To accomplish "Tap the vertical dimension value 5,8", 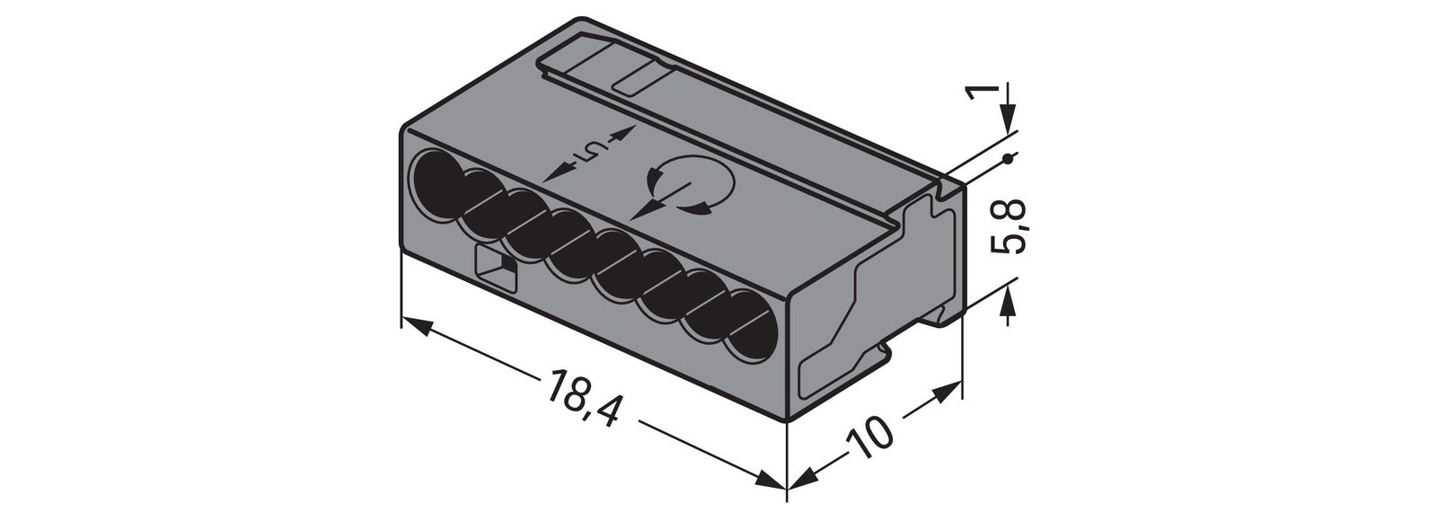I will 1010,227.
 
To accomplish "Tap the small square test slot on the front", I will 493,269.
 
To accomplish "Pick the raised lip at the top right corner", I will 948,186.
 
